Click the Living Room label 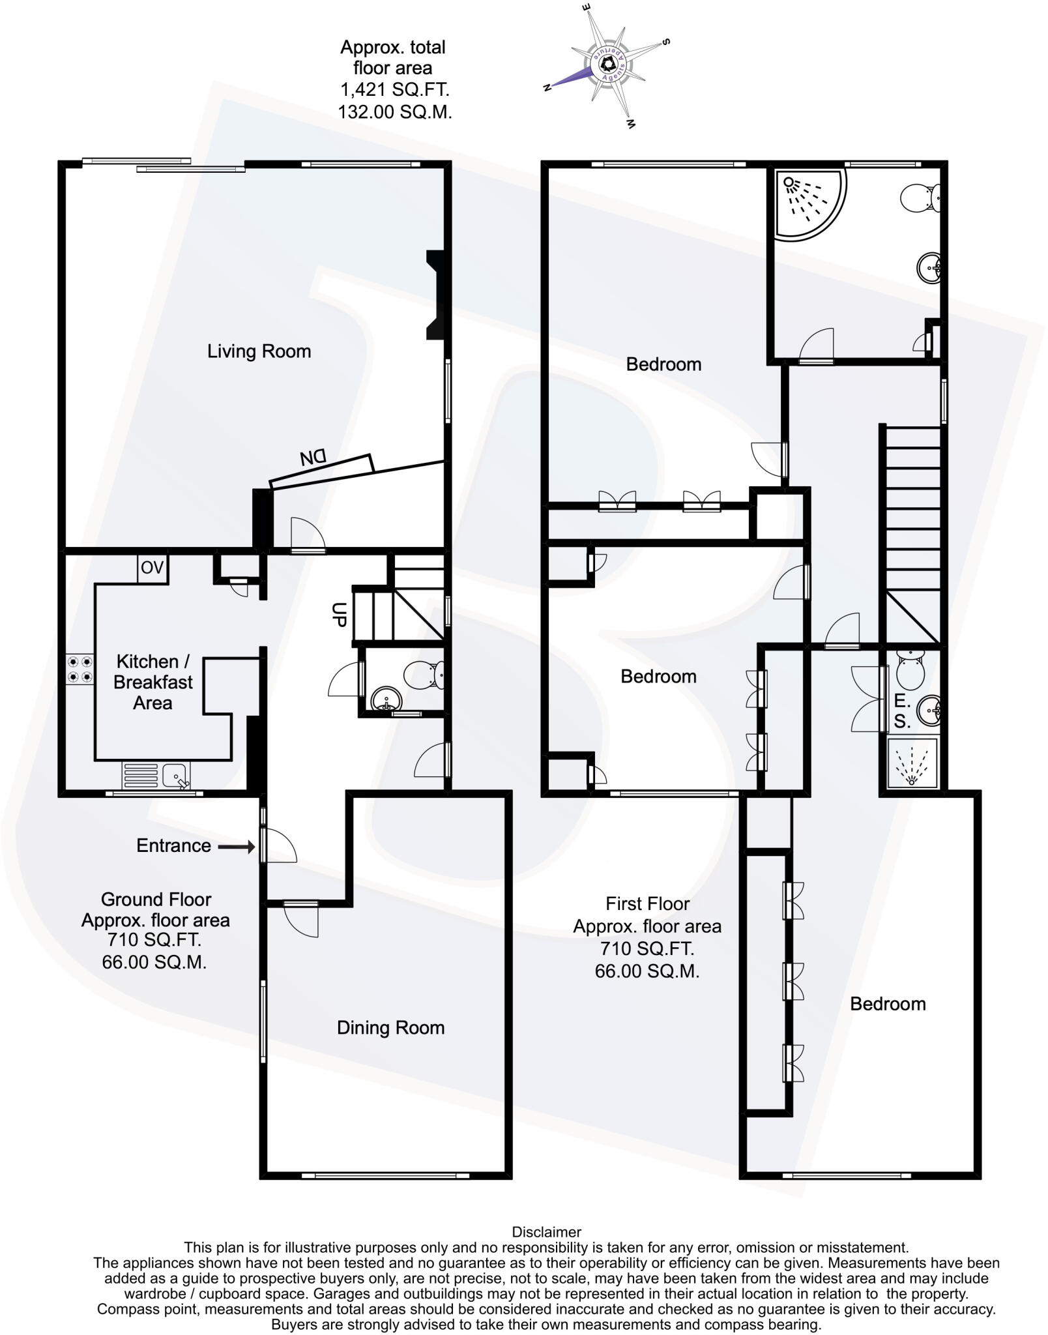point(259,351)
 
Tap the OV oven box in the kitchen point(152,568)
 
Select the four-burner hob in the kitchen point(80,669)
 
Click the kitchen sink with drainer point(156,776)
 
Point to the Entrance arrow point(236,847)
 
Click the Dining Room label point(390,1028)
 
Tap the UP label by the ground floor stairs point(338,614)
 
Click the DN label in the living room point(313,458)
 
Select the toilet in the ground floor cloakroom point(426,674)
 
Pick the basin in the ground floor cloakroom point(386,701)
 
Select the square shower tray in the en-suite point(912,763)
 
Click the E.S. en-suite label point(902,711)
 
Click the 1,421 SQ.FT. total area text point(394,90)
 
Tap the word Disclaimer point(546,1232)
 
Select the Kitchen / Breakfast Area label point(153,682)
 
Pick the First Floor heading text point(647,903)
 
